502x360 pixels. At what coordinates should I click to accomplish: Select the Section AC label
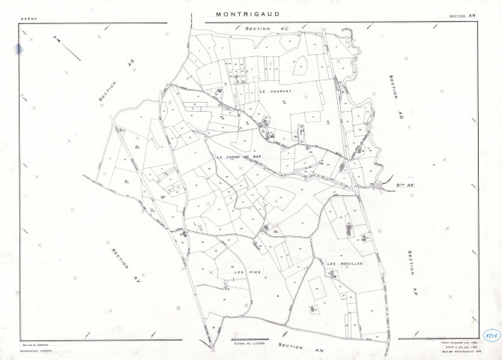point(266,28)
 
